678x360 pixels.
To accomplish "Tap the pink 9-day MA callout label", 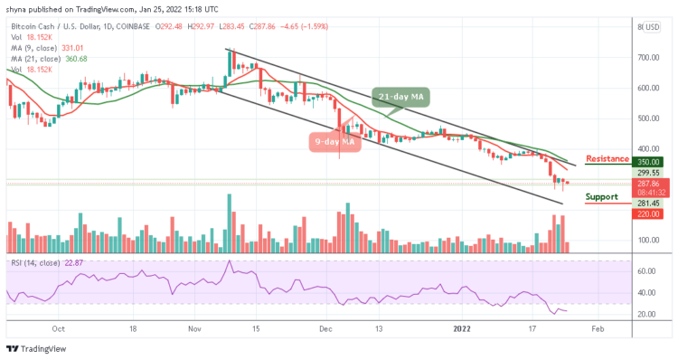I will pyautogui.click(x=334, y=141).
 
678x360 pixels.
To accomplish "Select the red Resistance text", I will pyautogui.click(x=607, y=159).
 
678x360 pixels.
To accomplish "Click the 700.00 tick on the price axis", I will pyautogui.click(x=650, y=57).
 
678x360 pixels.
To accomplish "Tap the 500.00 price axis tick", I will pyautogui.click(x=650, y=118).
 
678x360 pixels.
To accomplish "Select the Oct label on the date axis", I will pyautogui.click(x=59, y=329).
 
